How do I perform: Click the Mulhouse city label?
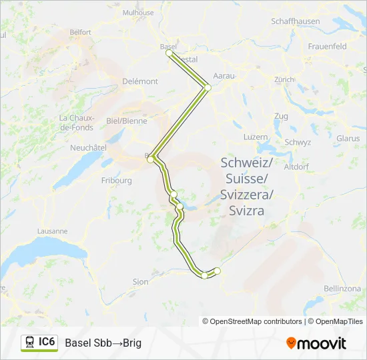point(139,13)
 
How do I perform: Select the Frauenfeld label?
point(328,47)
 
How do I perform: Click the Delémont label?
point(140,81)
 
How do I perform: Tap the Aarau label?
point(224,76)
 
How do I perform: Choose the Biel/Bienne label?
point(127,121)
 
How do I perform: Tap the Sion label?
point(140,282)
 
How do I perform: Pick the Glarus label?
point(348,139)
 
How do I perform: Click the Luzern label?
point(256,137)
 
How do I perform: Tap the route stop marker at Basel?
point(169,53)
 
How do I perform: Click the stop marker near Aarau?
point(208,87)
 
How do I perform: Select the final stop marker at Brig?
point(217,270)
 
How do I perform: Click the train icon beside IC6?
point(30,343)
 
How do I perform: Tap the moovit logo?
point(316,343)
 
